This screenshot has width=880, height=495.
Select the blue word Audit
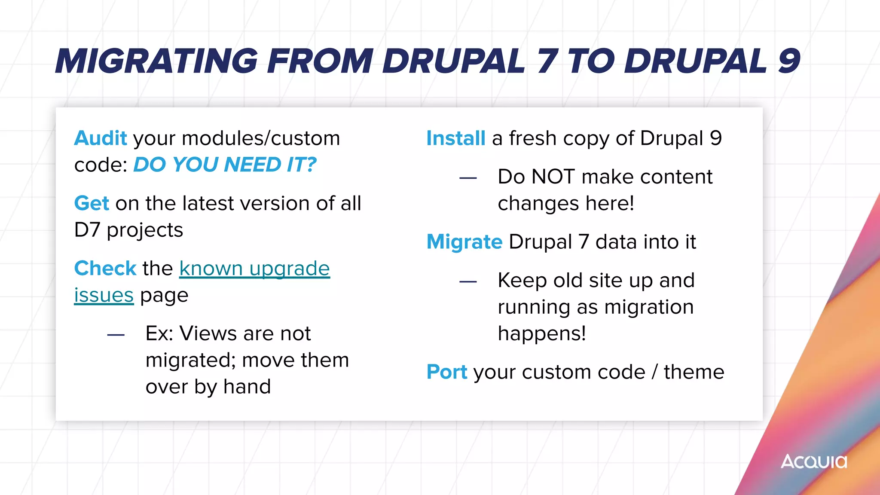coord(101,138)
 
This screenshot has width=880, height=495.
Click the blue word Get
coord(92,203)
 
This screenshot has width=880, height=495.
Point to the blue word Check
coord(105,269)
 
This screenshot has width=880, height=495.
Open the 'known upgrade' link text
coord(254,269)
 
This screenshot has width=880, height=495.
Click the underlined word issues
coord(104,295)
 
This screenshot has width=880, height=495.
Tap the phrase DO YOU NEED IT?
coord(225,165)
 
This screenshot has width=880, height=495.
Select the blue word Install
coord(455,138)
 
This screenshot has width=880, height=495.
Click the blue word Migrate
coord(464,242)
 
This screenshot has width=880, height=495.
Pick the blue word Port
coord(446,372)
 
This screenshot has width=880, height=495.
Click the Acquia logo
coord(814,461)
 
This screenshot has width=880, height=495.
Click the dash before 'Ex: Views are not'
coord(116,334)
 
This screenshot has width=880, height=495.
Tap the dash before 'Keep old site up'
coord(468,281)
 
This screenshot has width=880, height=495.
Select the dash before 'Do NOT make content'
coord(468,177)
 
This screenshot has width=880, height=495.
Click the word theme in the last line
coord(694,372)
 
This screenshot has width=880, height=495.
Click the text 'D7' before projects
coord(87,230)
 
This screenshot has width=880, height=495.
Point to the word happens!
coord(541,333)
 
